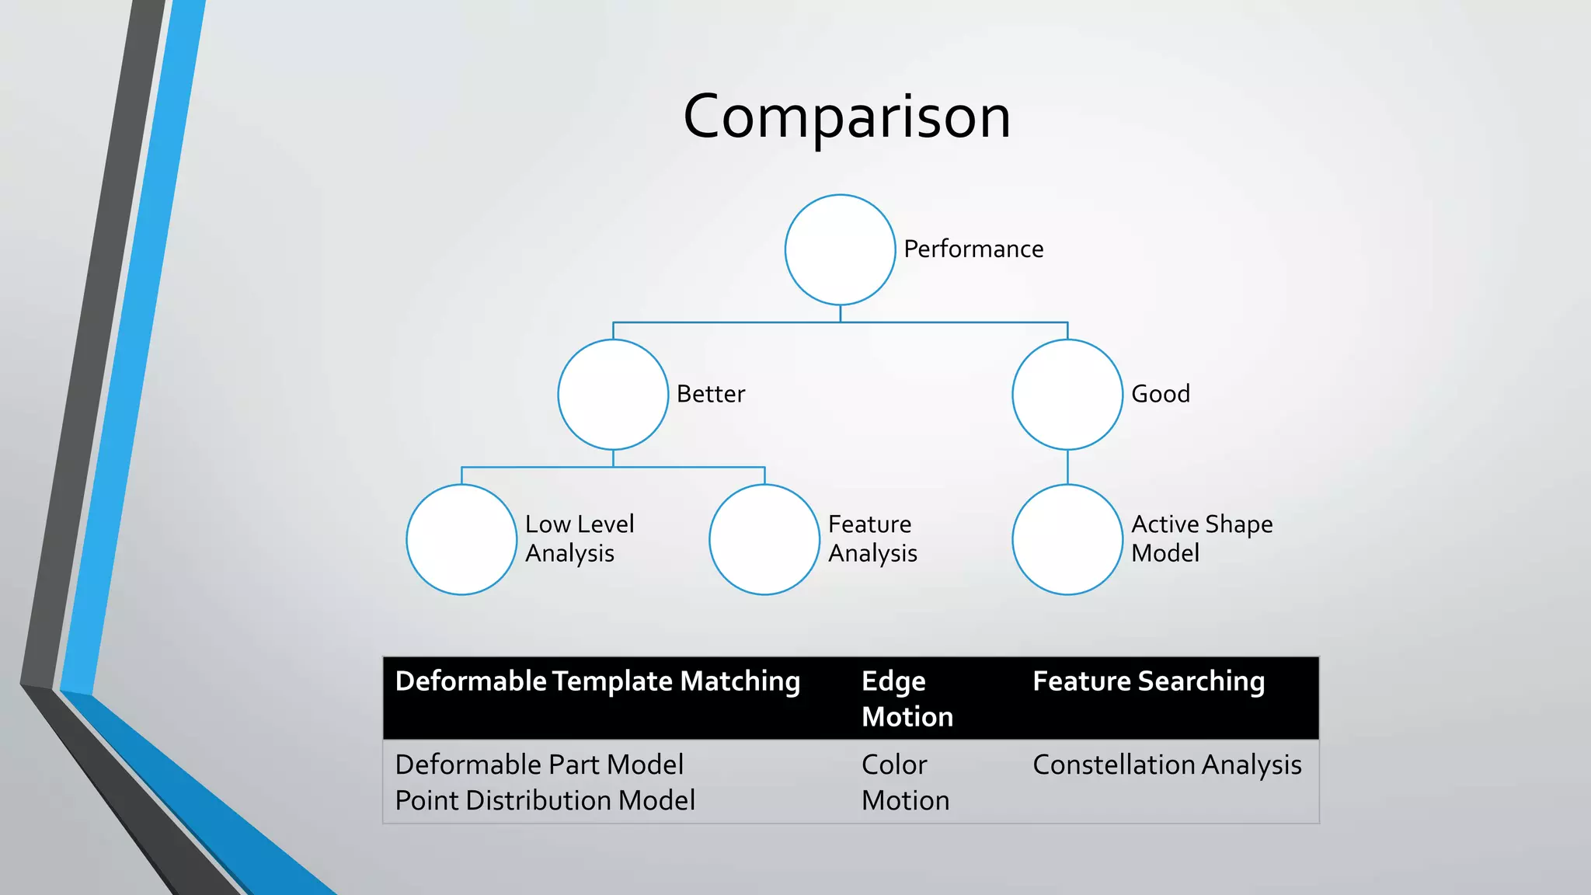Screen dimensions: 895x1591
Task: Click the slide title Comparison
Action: point(847,117)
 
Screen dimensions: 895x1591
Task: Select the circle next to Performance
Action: point(840,249)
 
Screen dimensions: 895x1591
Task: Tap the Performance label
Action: point(973,249)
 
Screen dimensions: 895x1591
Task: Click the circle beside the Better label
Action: point(613,395)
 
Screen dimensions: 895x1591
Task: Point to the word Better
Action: point(710,394)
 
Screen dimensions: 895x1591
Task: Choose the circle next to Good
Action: point(1067,395)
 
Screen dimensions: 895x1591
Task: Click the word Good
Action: point(1160,394)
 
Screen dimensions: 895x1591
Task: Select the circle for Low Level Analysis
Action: point(461,539)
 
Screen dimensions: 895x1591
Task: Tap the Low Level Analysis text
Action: point(579,538)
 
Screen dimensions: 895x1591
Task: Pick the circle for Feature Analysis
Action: point(764,539)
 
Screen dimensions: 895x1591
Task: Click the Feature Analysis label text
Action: point(872,538)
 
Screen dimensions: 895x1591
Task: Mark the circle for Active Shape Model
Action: point(1067,539)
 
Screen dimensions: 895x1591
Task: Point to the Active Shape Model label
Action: point(1201,538)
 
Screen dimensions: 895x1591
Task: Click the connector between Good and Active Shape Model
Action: point(1067,467)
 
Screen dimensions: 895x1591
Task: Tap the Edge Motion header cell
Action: point(907,698)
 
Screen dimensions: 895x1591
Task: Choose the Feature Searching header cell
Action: point(1148,681)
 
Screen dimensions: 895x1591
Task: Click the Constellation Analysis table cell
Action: point(1167,764)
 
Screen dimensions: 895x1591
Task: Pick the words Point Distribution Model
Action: point(545,800)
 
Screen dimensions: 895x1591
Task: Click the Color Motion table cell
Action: point(905,782)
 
